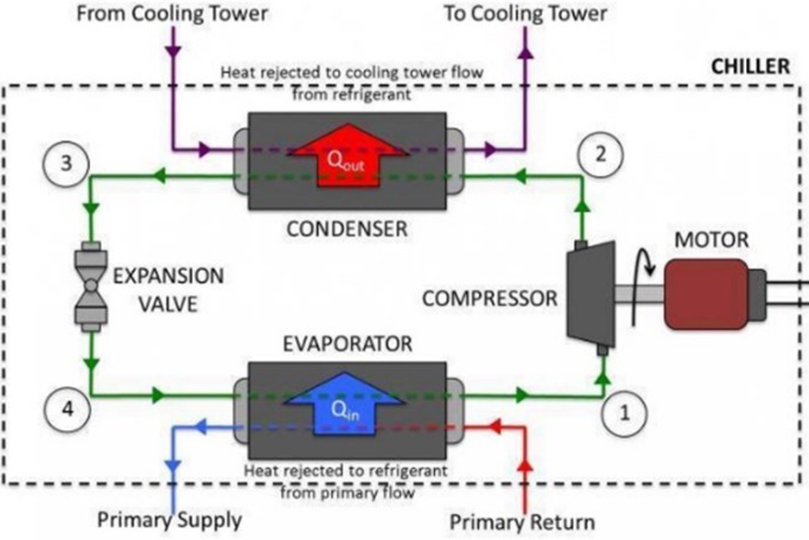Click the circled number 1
(x=624, y=413)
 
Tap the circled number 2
(x=600, y=154)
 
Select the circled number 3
(x=66, y=164)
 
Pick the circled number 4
(x=67, y=409)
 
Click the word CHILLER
(x=750, y=66)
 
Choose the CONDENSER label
(x=347, y=229)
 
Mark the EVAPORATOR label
(x=348, y=344)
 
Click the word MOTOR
(x=711, y=240)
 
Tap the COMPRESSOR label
(x=490, y=298)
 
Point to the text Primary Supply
(x=169, y=520)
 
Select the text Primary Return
(x=522, y=522)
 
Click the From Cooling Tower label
(x=172, y=13)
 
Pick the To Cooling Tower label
(x=525, y=13)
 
